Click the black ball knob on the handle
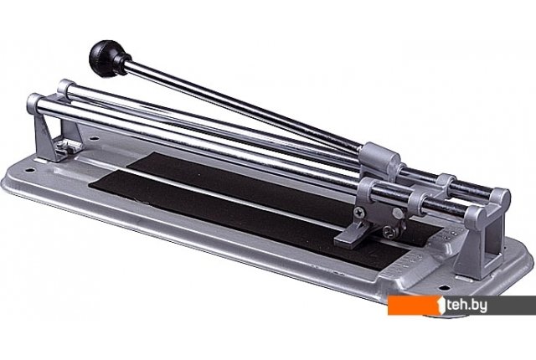point(106,58)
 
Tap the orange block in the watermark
point(414,305)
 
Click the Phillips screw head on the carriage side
point(359,213)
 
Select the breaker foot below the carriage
point(352,239)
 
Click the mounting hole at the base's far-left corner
point(30,170)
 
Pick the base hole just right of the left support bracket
point(94,139)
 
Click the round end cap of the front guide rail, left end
point(33,102)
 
